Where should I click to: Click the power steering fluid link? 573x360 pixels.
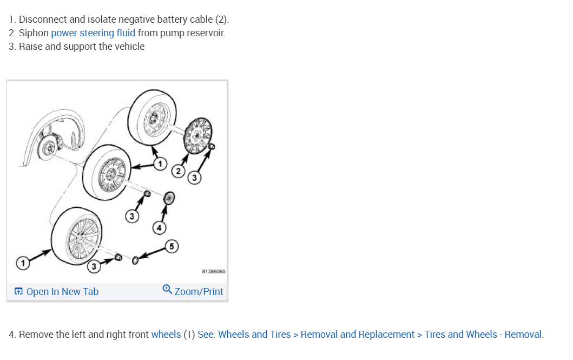(93, 33)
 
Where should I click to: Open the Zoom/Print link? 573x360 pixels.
(199, 291)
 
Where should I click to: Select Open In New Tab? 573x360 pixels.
(62, 291)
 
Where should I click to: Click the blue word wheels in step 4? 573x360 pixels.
(166, 335)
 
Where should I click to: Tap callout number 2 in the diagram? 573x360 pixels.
(178, 172)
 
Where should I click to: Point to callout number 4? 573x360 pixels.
(159, 228)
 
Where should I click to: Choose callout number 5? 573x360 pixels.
(172, 247)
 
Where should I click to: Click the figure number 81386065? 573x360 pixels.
(214, 271)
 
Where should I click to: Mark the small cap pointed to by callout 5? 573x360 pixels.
(135, 260)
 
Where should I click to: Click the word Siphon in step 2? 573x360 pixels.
(34, 33)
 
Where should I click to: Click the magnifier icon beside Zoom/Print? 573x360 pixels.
(167, 290)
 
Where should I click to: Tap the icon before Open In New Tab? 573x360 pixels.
(18, 292)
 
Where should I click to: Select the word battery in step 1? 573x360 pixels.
(172, 19)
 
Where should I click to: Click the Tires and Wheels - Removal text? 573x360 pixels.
(483, 335)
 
